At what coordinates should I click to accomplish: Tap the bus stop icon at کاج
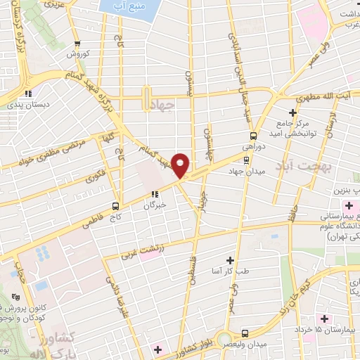115,206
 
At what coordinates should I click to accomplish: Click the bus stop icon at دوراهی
252,136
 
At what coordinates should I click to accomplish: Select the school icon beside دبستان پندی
27,94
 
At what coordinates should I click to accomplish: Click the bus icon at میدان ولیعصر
244,333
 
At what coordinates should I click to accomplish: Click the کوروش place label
75,53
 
